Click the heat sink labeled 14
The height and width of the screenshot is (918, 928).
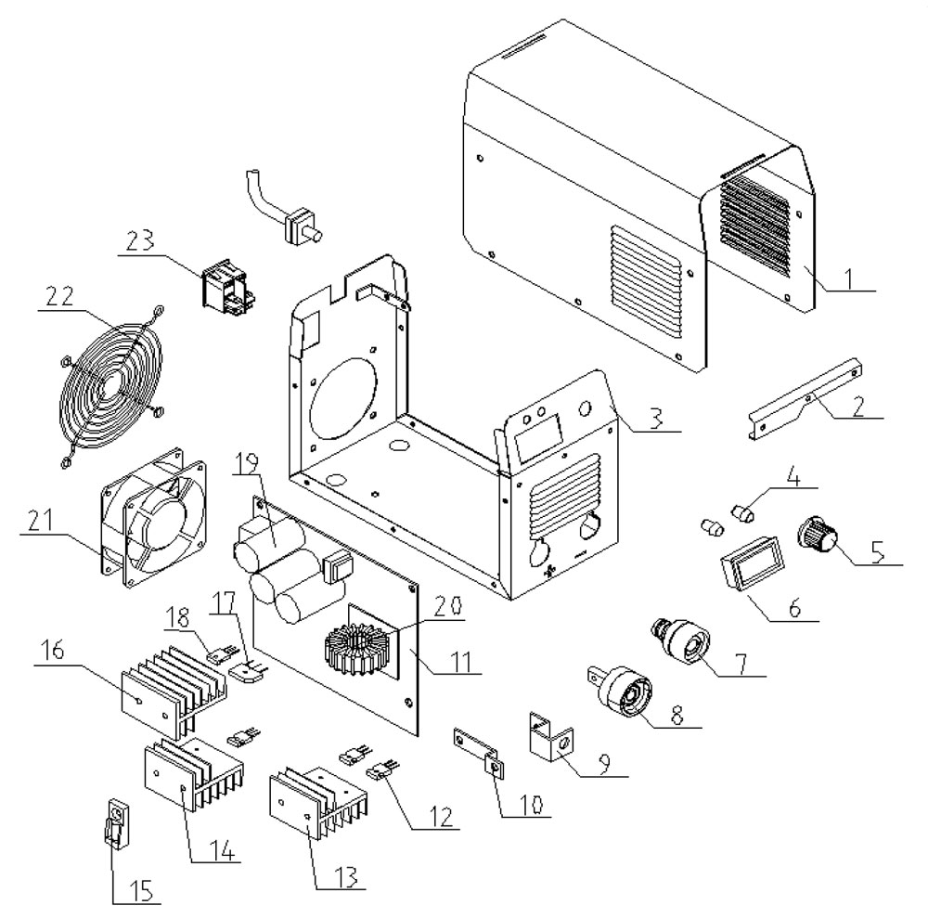pyautogui.click(x=189, y=776)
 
